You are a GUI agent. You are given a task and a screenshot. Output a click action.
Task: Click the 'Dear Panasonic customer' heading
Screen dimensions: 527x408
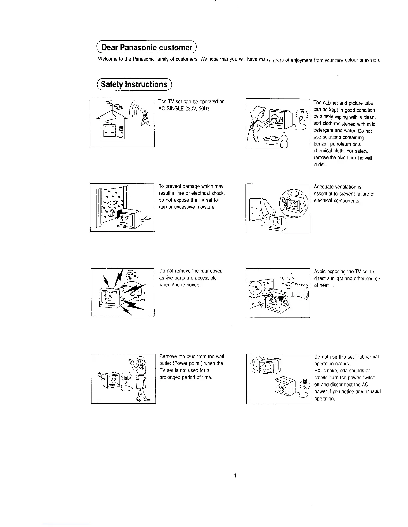click(x=147, y=47)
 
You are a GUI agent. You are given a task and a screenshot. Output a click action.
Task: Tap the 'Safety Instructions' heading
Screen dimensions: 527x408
click(x=134, y=84)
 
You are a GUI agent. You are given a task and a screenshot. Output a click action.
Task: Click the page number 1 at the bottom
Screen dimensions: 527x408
click(x=235, y=476)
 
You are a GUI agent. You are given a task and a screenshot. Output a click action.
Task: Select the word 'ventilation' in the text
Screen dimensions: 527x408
click(x=344, y=187)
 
